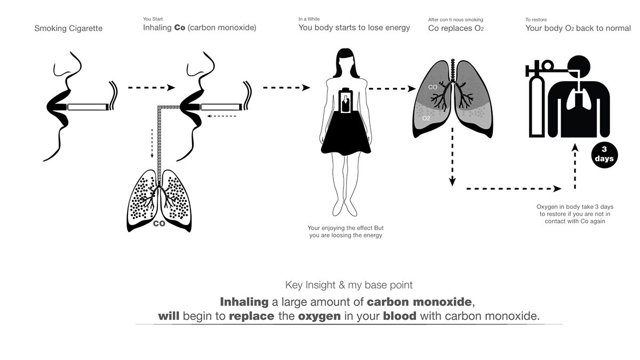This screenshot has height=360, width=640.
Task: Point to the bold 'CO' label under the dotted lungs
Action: pyautogui.click(x=159, y=223)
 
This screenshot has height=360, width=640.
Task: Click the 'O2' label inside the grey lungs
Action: pyautogui.click(x=426, y=118)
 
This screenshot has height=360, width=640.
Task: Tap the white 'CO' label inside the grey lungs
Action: pyautogui.click(x=433, y=86)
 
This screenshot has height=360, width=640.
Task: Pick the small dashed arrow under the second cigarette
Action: pyautogui.click(x=222, y=116)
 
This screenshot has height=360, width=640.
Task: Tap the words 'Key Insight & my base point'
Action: pyautogui.click(x=349, y=285)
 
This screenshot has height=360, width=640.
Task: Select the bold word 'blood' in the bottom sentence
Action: pyautogui.click(x=400, y=316)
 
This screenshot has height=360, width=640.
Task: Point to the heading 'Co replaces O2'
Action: pyautogui.click(x=457, y=28)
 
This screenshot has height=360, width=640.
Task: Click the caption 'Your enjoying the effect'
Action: pyautogui.click(x=345, y=228)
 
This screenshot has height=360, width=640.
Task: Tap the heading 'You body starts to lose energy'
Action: pyautogui.click(x=354, y=28)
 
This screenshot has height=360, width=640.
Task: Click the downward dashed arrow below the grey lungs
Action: pyautogui.click(x=452, y=157)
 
